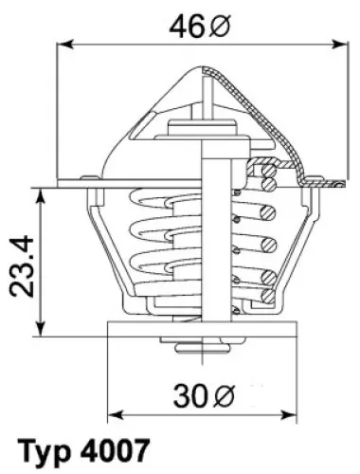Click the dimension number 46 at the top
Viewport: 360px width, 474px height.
pyautogui.click(x=188, y=27)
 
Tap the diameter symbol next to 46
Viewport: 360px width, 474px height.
pyautogui.click(x=220, y=27)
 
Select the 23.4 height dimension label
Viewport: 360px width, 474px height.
pyautogui.click(x=22, y=266)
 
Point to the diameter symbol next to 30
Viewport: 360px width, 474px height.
pyautogui.click(x=224, y=395)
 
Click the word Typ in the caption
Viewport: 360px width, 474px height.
pyautogui.click(x=45, y=450)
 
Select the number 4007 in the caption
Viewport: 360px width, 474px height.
pyautogui.click(x=115, y=449)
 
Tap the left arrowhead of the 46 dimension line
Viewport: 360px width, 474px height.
pyautogui.click(x=65, y=45)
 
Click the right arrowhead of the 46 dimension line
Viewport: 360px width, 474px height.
pyautogui.click(x=339, y=45)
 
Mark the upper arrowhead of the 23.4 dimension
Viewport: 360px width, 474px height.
pyautogui.click(x=41, y=197)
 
